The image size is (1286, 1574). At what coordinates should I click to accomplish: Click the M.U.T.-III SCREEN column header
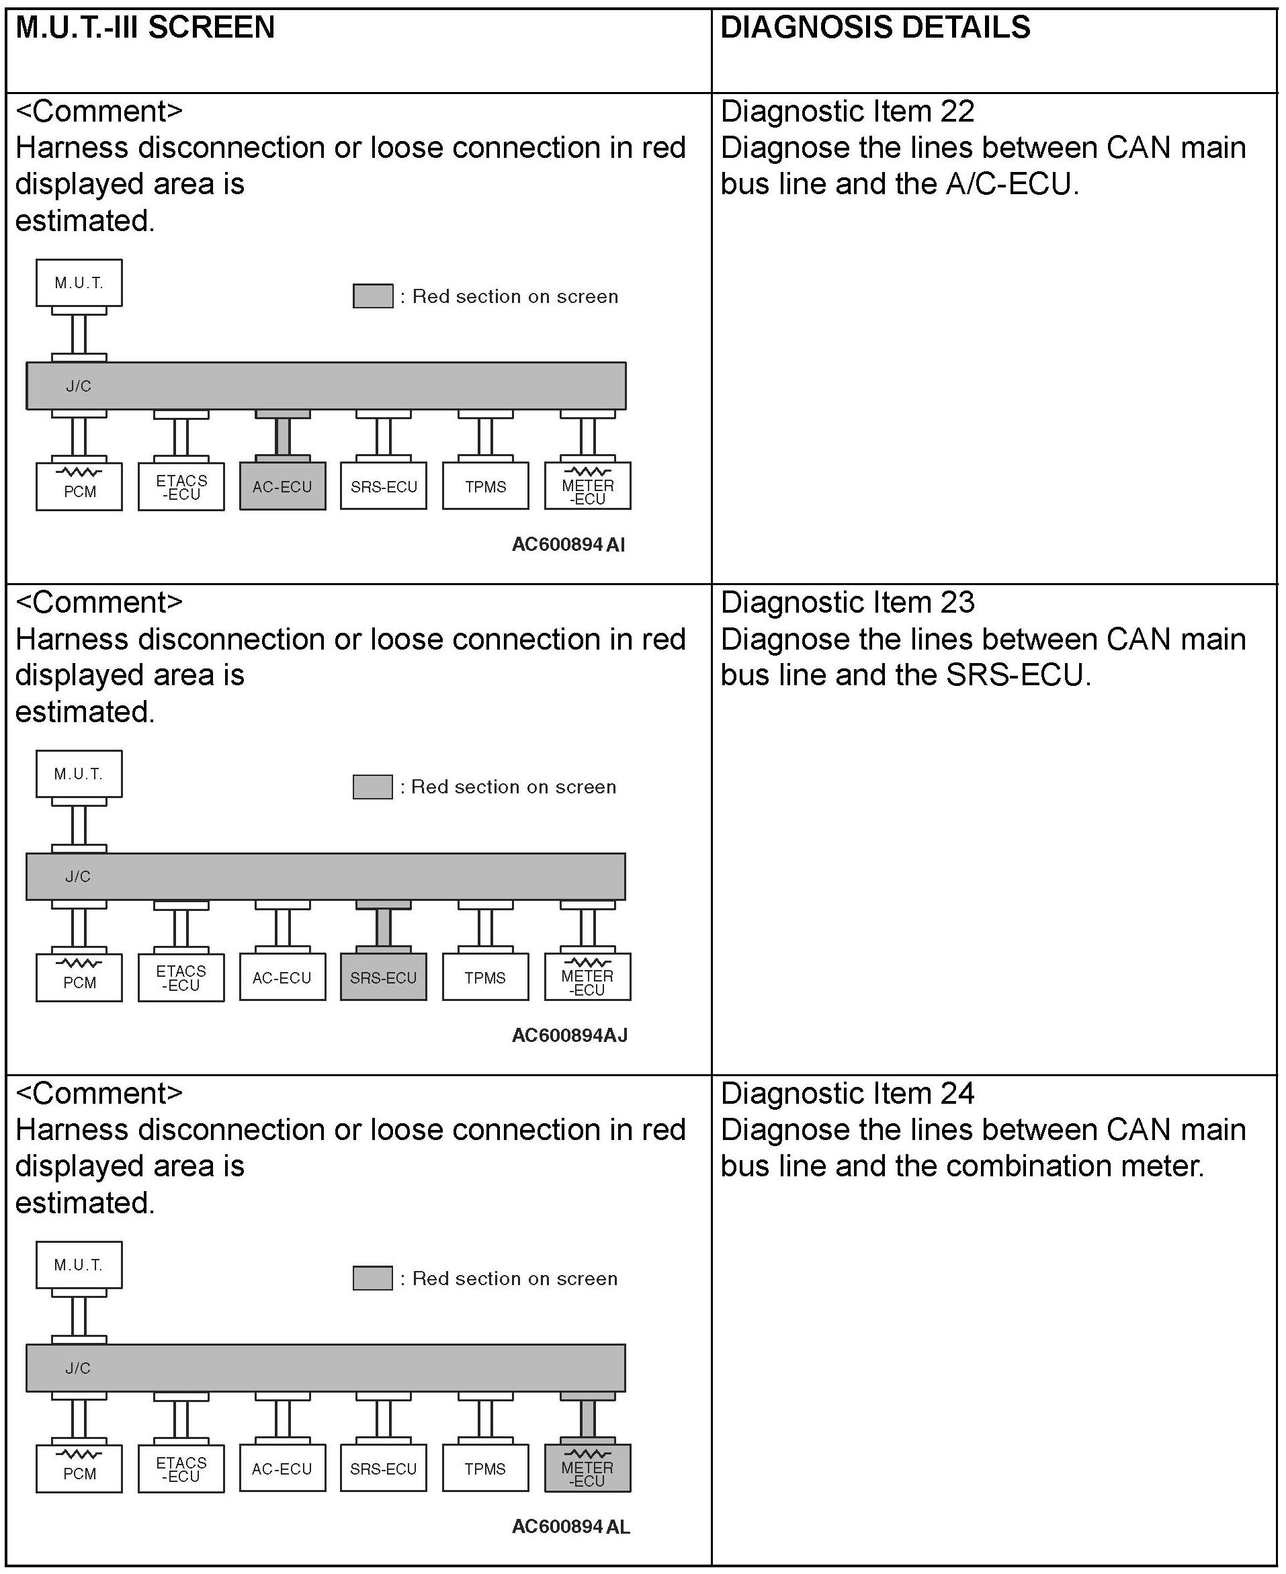(x=145, y=28)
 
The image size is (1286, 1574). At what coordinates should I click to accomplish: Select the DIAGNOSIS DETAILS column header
(x=875, y=28)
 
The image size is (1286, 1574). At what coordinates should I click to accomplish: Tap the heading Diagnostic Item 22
(x=847, y=112)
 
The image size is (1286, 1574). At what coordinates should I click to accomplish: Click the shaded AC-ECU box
(x=282, y=486)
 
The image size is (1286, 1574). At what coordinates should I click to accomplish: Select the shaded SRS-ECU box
(x=383, y=977)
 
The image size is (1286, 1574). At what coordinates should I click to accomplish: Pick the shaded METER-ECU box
(x=587, y=1469)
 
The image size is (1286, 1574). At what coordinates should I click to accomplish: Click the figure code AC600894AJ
(x=569, y=1035)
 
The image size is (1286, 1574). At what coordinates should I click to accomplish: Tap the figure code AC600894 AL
(x=570, y=1526)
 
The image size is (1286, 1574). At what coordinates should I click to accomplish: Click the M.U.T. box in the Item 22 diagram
(x=79, y=282)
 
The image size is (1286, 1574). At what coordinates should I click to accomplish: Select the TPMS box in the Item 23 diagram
(x=485, y=977)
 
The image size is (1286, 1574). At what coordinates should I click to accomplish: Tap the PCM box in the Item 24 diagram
(x=79, y=1469)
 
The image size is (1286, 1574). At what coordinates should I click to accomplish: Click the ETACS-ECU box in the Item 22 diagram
(x=181, y=486)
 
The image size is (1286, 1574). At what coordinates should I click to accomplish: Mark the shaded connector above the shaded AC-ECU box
(x=282, y=436)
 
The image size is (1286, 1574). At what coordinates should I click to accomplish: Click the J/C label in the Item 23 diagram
(x=78, y=877)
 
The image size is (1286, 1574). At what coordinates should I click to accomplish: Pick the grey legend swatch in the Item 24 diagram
(x=373, y=1278)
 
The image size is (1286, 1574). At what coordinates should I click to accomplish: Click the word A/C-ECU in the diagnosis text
(x=1009, y=185)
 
